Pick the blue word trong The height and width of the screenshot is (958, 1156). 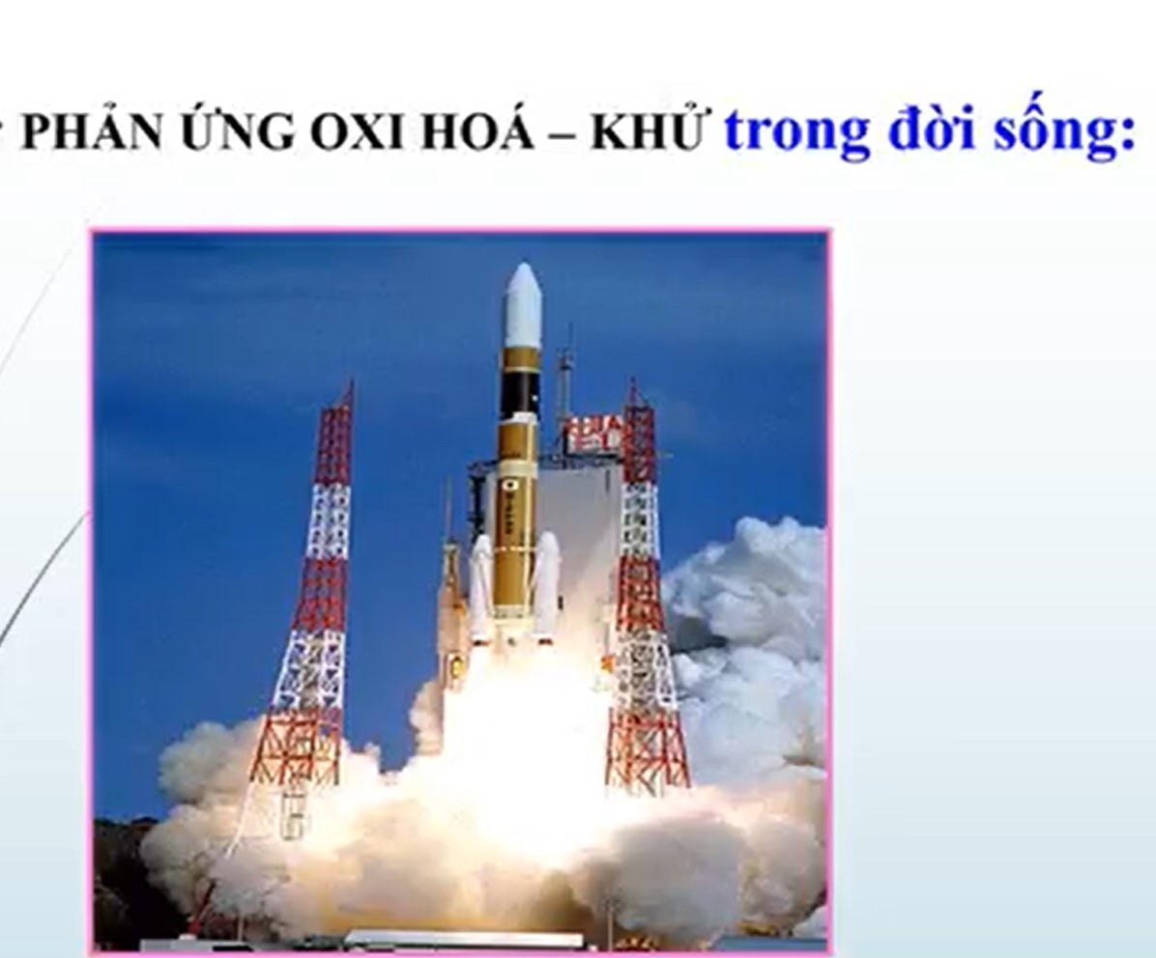point(797,135)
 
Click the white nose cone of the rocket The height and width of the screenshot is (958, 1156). point(523,305)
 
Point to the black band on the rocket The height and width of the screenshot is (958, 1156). point(520,394)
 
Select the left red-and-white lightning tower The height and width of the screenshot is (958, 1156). point(310,589)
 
